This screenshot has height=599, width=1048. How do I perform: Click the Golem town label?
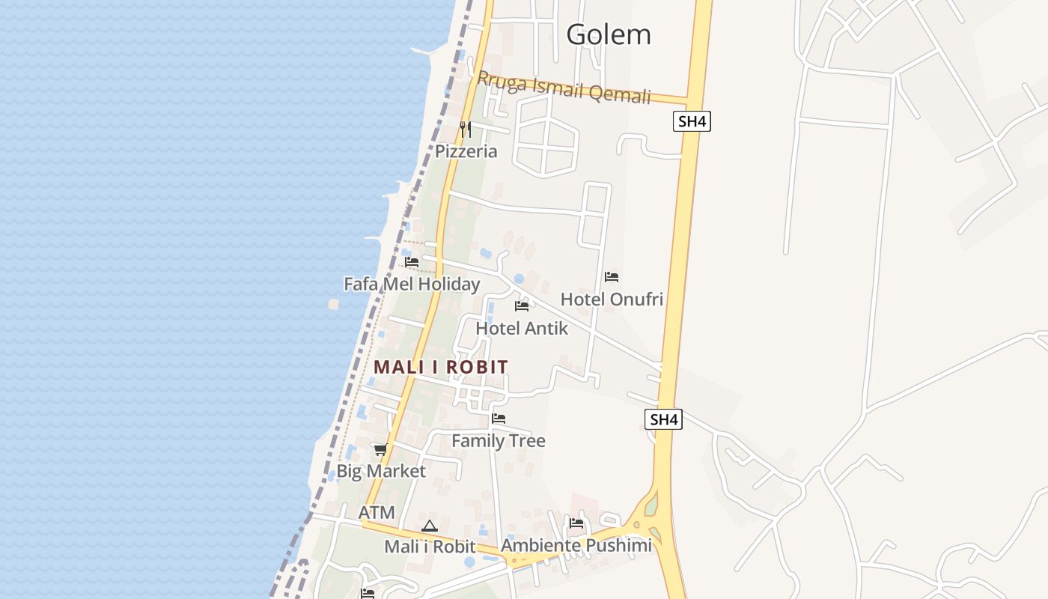(x=609, y=34)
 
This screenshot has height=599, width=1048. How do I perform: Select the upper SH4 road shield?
(x=691, y=121)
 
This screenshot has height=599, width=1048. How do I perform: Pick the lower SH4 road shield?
(x=663, y=419)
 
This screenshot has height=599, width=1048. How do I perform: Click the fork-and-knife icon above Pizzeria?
(x=465, y=129)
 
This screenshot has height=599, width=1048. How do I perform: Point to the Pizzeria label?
(x=466, y=151)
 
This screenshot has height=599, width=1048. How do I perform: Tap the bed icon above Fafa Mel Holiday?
(x=412, y=262)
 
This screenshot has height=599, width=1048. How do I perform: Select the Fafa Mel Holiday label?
(x=412, y=285)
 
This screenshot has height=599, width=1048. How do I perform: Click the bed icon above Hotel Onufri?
(x=612, y=276)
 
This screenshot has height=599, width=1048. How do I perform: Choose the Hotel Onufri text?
(x=612, y=299)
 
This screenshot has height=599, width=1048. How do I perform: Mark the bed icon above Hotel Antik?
(x=522, y=306)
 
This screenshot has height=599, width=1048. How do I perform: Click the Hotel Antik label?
(x=522, y=328)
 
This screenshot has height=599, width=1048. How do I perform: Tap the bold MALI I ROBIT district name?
(x=441, y=367)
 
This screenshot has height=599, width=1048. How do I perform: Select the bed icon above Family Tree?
(x=499, y=419)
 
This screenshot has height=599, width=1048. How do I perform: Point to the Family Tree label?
(x=499, y=441)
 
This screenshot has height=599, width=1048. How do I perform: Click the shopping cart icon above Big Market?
(x=380, y=449)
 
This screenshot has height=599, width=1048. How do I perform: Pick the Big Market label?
(x=381, y=471)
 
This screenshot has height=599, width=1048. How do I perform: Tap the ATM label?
(x=377, y=513)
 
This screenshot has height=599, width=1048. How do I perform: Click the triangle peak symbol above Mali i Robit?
(x=429, y=526)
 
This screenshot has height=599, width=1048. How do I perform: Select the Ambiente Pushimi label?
(x=576, y=545)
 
